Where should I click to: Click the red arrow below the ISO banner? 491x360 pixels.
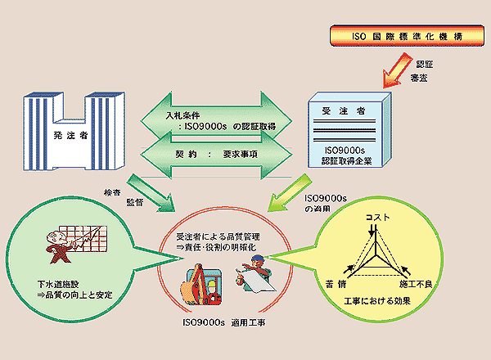coord(392,70)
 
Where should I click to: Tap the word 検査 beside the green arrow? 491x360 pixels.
coord(112,193)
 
